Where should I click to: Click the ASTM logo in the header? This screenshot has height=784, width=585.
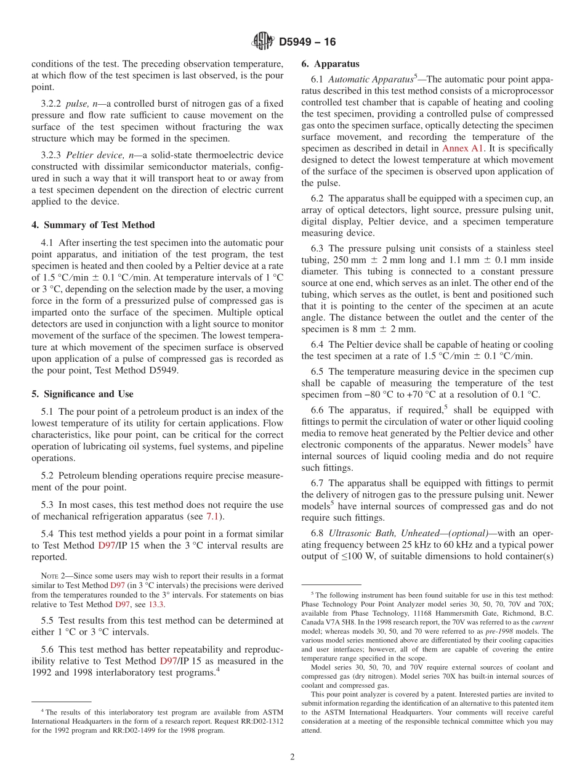(262, 42)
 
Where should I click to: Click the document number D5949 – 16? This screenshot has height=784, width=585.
(307, 42)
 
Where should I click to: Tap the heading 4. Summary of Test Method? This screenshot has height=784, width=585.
(93, 225)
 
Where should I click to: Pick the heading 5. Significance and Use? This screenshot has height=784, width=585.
(83, 394)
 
